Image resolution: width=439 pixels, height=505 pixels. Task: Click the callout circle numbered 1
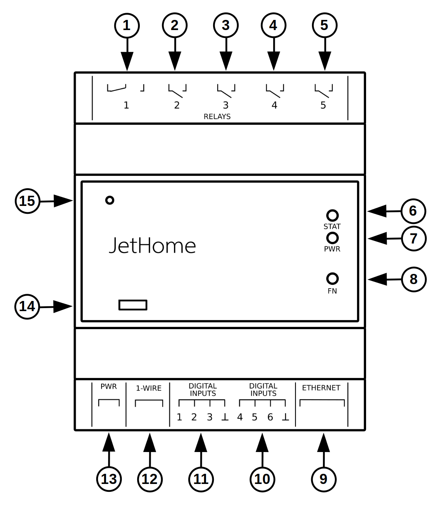tap(127, 26)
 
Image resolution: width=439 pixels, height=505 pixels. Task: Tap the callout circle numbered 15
tap(27, 201)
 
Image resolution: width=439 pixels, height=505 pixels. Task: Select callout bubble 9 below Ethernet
tap(324, 479)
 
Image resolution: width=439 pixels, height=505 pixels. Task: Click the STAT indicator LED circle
tap(332, 215)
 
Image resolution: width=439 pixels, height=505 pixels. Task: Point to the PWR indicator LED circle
tap(332, 238)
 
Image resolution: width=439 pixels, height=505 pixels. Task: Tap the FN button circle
tap(332, 278)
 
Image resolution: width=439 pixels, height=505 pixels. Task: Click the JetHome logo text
tap(152, 246)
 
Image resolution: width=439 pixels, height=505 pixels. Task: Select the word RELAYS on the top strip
tap(217, 116)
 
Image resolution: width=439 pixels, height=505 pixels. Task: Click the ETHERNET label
tap(321, 388)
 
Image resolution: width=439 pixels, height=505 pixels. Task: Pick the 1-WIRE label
tap(148, 388)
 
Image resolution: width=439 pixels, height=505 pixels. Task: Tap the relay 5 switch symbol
tap(323, 89)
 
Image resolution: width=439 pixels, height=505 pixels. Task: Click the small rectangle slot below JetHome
tap(133, 305)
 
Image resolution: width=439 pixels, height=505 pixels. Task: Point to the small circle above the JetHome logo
tap(109, 200)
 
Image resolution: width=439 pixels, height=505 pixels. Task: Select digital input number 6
tap(270, 417)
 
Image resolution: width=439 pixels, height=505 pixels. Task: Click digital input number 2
tap(194, 417)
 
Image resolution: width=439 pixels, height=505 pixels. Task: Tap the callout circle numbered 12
tap(150, 479)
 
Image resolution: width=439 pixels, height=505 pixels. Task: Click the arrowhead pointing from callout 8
tap(377, 279)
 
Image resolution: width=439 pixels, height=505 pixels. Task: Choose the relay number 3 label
tap(226, 105)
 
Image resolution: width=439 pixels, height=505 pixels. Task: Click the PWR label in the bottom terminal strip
tap(109, 386)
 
